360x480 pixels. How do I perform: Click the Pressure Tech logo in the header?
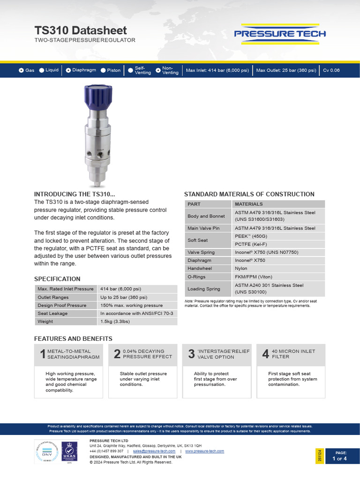[280, 34]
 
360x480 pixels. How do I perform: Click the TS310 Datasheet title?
[80, 30]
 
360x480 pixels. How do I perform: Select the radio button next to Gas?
[21, 70]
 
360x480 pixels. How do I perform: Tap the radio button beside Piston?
[103, 70]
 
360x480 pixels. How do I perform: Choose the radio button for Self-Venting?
[130, 70]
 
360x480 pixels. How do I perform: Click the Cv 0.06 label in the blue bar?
[331, 70]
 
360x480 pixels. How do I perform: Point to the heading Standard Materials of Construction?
[249, 194]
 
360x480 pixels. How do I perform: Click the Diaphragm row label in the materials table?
[199, 260]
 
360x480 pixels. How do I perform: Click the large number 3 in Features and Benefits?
[191, 354]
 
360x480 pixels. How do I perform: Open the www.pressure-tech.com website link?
[204, 451]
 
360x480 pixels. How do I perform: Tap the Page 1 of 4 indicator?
[339, 456]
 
